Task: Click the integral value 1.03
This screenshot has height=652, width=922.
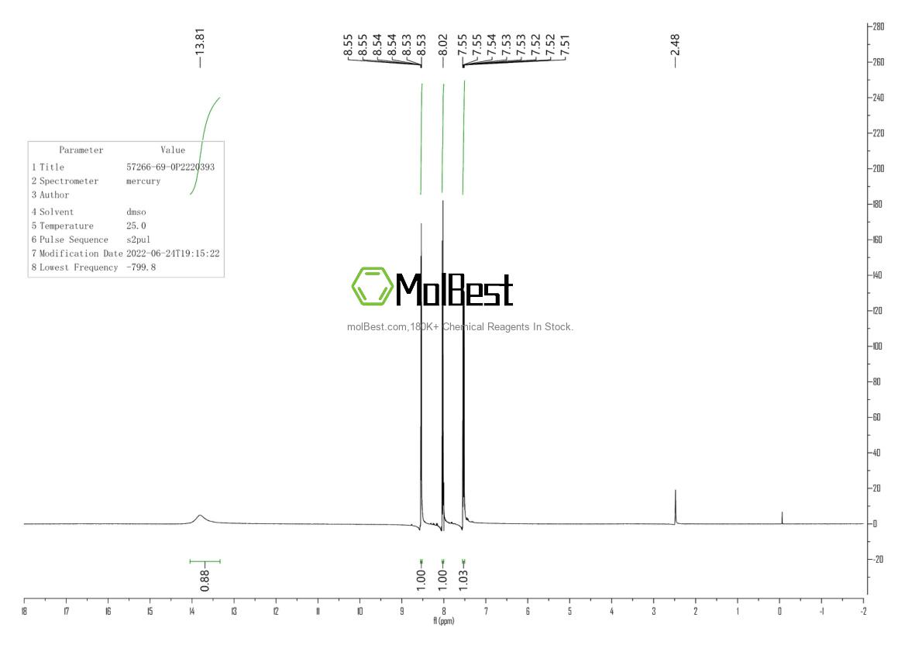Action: pos(463,577)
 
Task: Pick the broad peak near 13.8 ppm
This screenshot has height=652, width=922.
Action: pos(200,516)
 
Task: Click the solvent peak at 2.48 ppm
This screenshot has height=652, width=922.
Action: pos(676,504)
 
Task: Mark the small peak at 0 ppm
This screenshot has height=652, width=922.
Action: pos(782,517)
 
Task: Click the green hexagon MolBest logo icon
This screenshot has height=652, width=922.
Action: pos(371,286)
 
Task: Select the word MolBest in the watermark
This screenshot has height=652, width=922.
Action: pos(454,290)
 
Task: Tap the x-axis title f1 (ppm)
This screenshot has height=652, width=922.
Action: pos(444,621)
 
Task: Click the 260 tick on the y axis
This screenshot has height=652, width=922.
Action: pos(877,62)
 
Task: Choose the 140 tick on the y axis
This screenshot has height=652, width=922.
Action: pos(877,275)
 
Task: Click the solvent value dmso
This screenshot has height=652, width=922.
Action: pos(136,212)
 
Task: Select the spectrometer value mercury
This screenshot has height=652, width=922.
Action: pos(143,181)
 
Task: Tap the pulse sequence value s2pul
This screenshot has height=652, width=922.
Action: pos(139,240)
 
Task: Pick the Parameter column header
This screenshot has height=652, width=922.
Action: pos(81,150)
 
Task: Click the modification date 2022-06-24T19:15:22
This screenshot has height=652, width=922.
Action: pos(173,254)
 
